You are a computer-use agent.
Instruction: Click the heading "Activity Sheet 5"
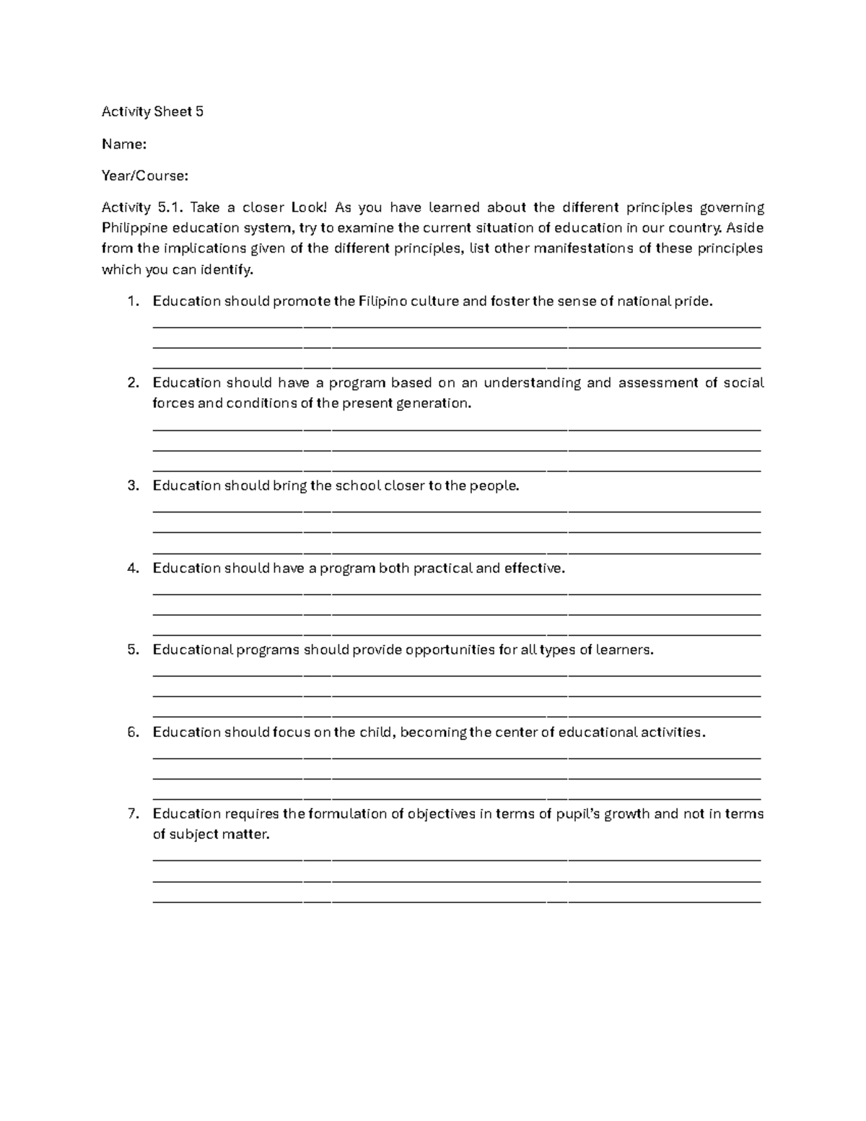(x=152, y=111)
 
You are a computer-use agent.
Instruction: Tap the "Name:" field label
(x=124, y=144)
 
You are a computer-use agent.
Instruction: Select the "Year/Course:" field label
(x=145, y=175)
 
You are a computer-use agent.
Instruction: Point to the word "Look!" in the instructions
(x=309, y=208)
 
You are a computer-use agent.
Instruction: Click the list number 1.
(x=132, y=302)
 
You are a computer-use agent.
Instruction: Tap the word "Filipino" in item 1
(x=382, y=302)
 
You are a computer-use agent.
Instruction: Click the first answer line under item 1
(x=457, y=327)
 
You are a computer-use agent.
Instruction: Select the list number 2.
(x=132, y=383)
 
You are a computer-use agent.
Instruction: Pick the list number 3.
(x=132, y=486)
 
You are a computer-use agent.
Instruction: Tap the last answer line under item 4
(x=457, y=634)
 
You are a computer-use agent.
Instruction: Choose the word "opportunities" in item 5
(x=450, y=650)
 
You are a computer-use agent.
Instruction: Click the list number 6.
(x=132, y=733)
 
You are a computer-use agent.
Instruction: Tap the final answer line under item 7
(x=457, y=902)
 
